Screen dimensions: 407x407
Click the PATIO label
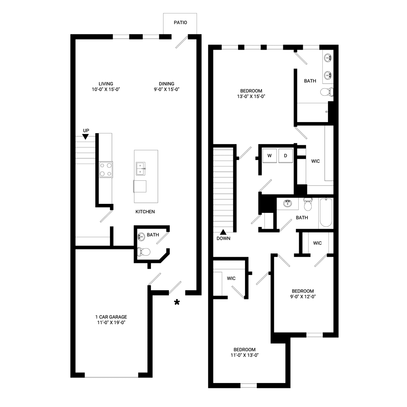pyautogui.click(x=180, y=22)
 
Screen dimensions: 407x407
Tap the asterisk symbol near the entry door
pyautogui.click(x=177, y=302)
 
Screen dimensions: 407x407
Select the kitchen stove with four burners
pyautogui.click(x=106, y=169)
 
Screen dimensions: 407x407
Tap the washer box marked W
pyautogui.click(x=269, y=155)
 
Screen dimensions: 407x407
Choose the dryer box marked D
pyautogui.click(x=285, y=155)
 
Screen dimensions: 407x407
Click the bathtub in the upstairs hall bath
pyautogui.click(x=326, y=212)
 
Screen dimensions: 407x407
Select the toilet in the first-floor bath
pyautogui.click(x=143, y=252)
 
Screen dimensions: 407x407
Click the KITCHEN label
pyautogui.click(x=145, y=212)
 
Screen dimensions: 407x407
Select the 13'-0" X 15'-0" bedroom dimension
pyautogui.click(x=251, y=96)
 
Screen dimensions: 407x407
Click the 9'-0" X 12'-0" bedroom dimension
pyautogui.click(x=302, y=297)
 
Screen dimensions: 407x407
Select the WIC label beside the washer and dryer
pyautogui.click(x=315, y=161)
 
